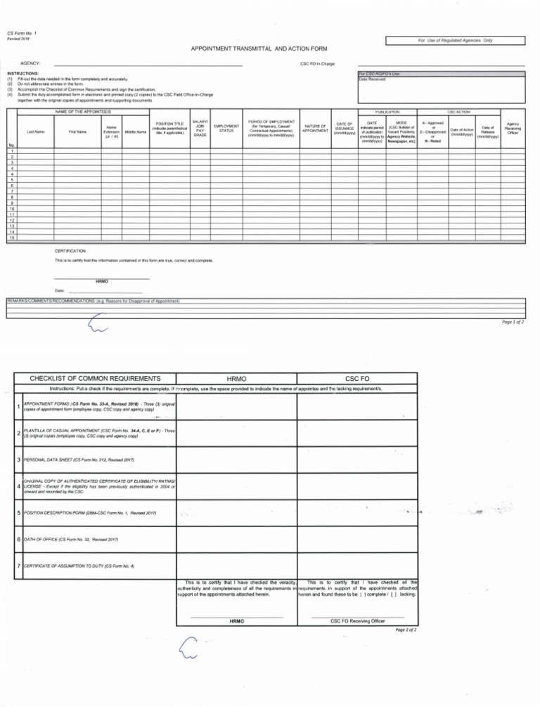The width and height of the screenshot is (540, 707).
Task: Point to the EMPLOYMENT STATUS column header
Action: point(226,128)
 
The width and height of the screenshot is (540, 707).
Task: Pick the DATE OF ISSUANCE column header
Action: point(344,128)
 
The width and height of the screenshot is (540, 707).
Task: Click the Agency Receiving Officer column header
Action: point(513,128)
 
